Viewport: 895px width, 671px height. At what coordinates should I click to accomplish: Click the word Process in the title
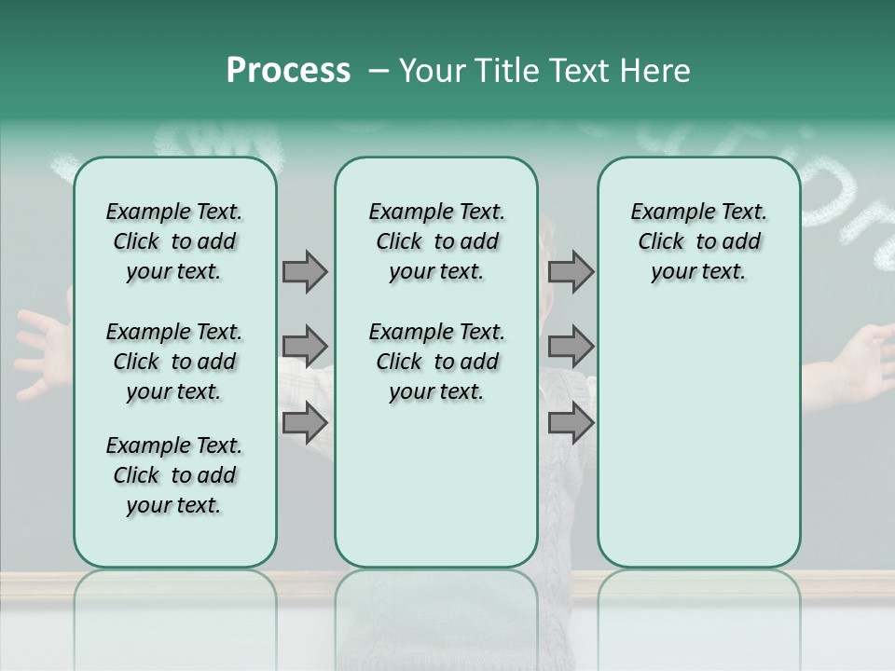(288, 71)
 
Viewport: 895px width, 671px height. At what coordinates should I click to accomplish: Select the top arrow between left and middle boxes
(304, 271)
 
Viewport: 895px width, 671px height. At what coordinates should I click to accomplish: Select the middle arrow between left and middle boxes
(304, 347)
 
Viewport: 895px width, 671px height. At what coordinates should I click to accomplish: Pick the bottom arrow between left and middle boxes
(304, 422)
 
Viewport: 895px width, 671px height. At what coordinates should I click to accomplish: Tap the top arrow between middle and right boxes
(571, 271)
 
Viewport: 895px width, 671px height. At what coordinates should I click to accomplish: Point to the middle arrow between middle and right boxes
(571, 347)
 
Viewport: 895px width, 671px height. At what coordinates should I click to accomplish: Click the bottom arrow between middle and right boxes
(571, 422)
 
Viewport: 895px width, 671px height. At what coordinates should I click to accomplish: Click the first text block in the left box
(174, 241)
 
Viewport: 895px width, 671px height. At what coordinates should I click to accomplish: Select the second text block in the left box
(174, 362)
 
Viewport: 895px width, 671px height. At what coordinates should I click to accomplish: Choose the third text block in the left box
(174, 475)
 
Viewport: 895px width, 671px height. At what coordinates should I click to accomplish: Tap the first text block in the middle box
(436, 241)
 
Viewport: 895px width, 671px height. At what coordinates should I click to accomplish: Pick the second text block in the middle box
(436, 362)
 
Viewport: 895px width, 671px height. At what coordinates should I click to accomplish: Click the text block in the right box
(698, 241)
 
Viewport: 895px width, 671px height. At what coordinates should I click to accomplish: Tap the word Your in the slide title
(434, 71)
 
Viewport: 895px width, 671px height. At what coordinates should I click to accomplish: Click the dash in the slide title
(379, 72)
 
